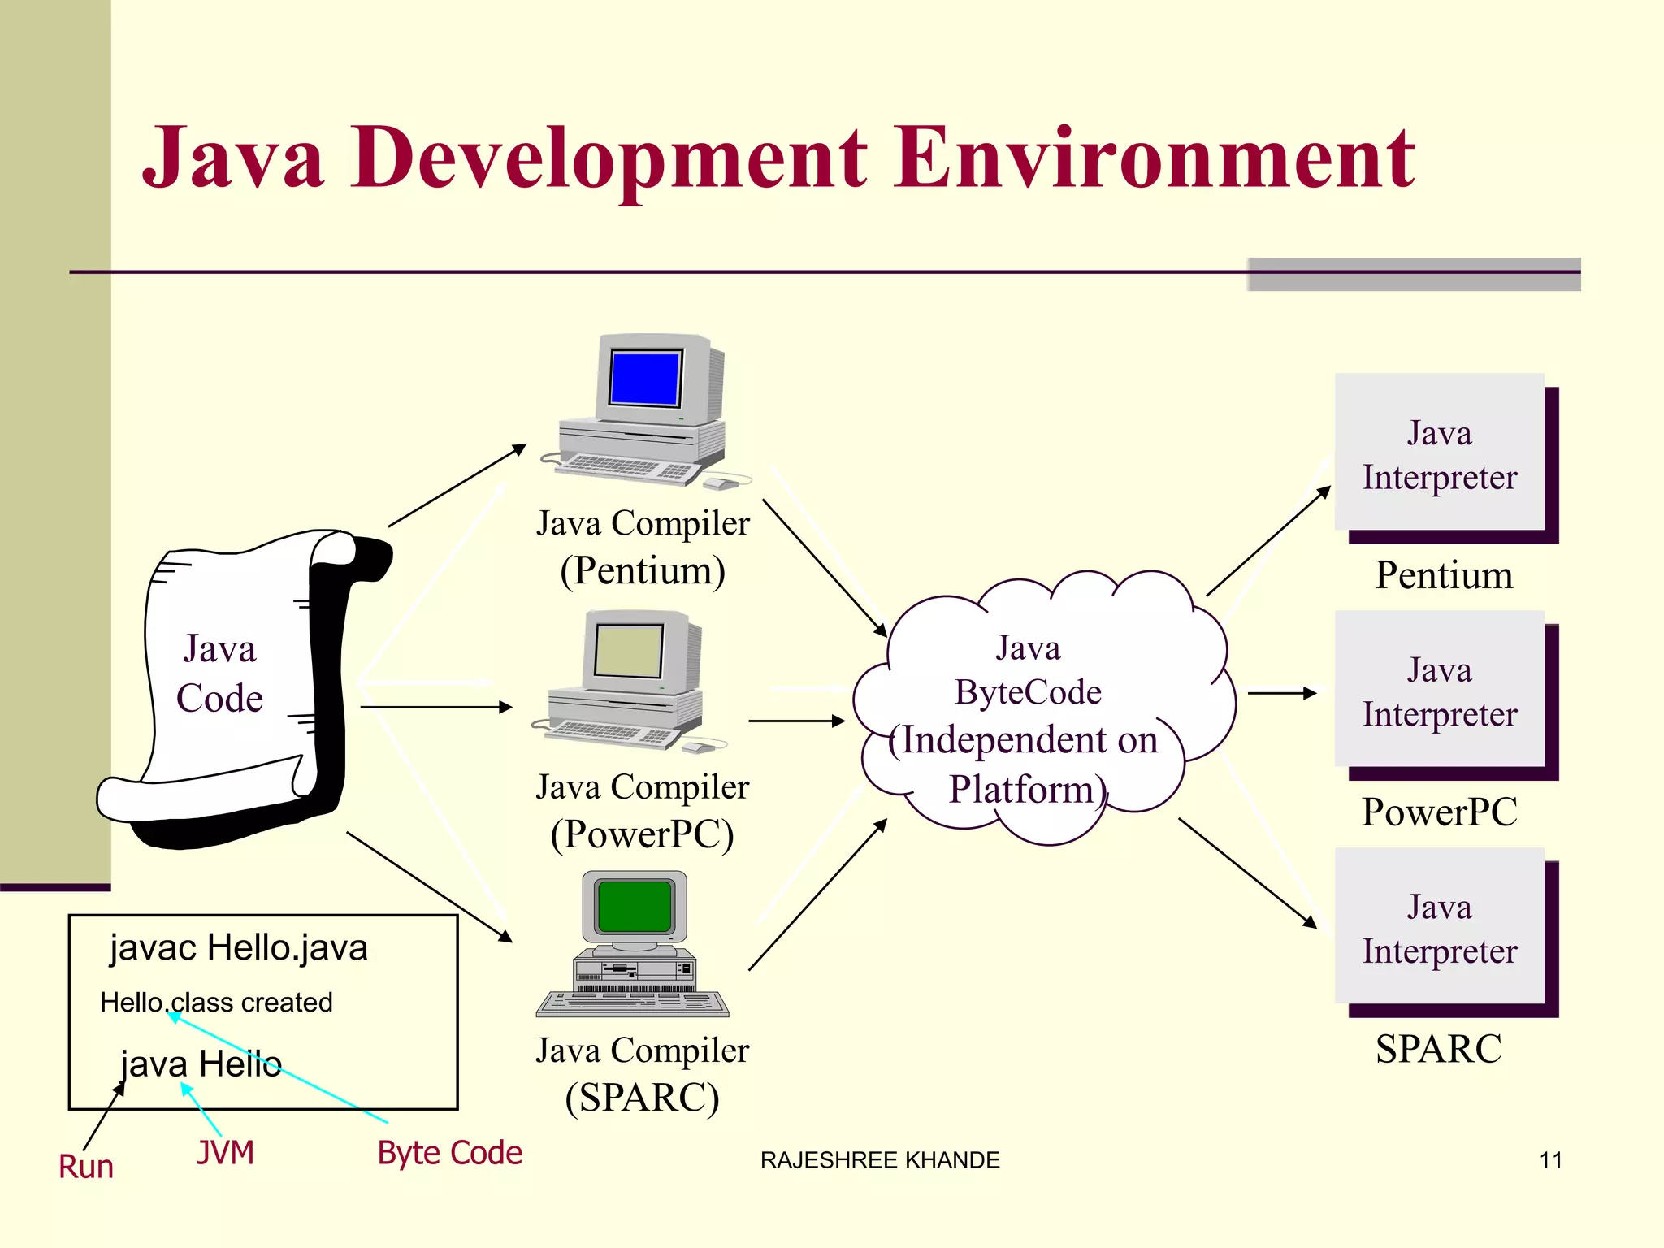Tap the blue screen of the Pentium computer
tap(644, 378)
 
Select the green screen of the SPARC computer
tap(634, 906)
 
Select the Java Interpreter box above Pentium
tap(1440, 455)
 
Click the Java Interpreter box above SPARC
tap(1440, 929)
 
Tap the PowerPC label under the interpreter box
tap(1440, 812)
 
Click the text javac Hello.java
tap(239, 948)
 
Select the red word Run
tap(86, 1167)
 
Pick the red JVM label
tap(225, 1153)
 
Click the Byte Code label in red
tap(449, 1153)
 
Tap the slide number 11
tap(1550, 1160)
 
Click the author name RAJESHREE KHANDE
tap(880, 1160)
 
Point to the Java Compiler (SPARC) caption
tap(642, 1074)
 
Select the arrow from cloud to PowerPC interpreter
tap(1281, 693)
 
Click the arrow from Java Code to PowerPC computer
tap(435, 707)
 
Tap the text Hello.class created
tap(216, 1003)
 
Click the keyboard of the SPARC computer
tap(632, 1004)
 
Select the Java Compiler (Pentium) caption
tap(642, 546)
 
